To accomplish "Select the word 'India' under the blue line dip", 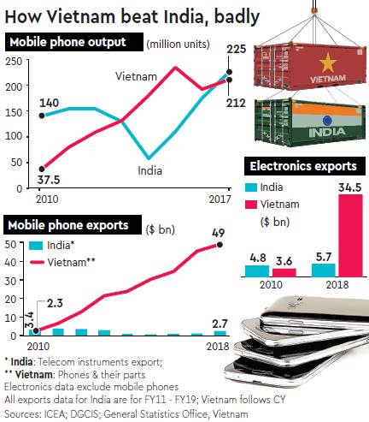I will coord(150,170).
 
